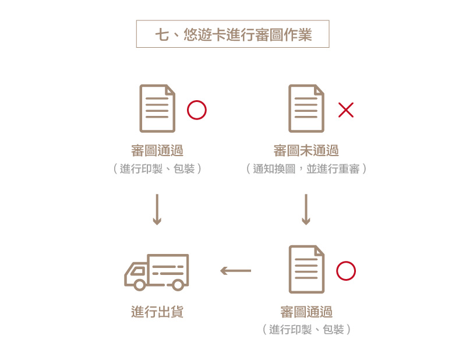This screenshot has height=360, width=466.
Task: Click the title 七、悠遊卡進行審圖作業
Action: point(232,34)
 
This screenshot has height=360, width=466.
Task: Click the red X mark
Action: point(346,110)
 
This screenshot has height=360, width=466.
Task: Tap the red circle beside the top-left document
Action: point(197,110)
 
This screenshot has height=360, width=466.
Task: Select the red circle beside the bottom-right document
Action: point(346,271)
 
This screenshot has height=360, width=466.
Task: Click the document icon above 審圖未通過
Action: point(306,109)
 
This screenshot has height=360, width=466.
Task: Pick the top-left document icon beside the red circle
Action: point(157,109)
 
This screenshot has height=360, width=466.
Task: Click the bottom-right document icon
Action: point(306,270)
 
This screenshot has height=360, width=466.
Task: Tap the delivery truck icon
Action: point(157,272)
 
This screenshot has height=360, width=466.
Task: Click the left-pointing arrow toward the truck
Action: point(236,271)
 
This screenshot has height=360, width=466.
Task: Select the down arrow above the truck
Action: point(157,209)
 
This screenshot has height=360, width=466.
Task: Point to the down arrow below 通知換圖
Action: point(306,209)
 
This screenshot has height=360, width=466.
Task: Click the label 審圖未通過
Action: point(306,151)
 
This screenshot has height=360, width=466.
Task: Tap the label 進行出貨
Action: point(157,312)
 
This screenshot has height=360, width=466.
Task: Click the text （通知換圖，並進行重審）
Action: point(306,169)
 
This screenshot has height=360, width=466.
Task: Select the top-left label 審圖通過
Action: point(157,151)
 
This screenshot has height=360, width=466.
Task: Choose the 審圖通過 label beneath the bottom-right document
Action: point(306,312)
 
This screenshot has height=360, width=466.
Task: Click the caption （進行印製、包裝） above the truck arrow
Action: point(157,169)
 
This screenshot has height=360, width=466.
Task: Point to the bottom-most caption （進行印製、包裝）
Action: point(306,330)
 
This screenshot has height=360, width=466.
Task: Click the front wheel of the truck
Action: point(140,285)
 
